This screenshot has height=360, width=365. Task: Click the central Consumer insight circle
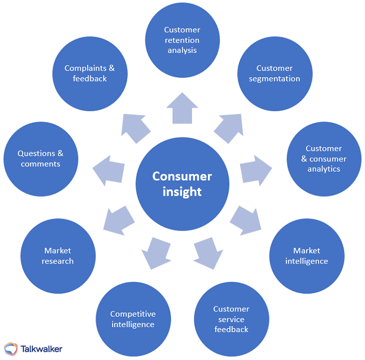(x=182, y=184)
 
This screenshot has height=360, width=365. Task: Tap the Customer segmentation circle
(x=274, y=74)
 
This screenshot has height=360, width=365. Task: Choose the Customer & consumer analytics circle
(x=324, y=159)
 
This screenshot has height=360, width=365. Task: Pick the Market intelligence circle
(x=307, y=256)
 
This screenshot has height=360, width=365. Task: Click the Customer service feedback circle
(x=232, y=319)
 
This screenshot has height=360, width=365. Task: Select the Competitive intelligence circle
(x=133, y=319)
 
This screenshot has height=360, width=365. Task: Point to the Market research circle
(x=58, y=256)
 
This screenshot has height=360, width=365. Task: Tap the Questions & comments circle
(x=41, y=159)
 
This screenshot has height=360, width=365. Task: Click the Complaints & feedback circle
(x=90, y=74)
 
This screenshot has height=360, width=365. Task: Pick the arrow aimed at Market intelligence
(x=245, y=220)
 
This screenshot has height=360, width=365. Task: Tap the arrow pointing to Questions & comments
(x=109, y=170)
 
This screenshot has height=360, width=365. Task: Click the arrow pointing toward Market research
(x=119, y=220)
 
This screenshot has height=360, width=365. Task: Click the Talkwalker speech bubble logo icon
(x=11, y=349)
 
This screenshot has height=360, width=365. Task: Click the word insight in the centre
(x=182, y=191)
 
